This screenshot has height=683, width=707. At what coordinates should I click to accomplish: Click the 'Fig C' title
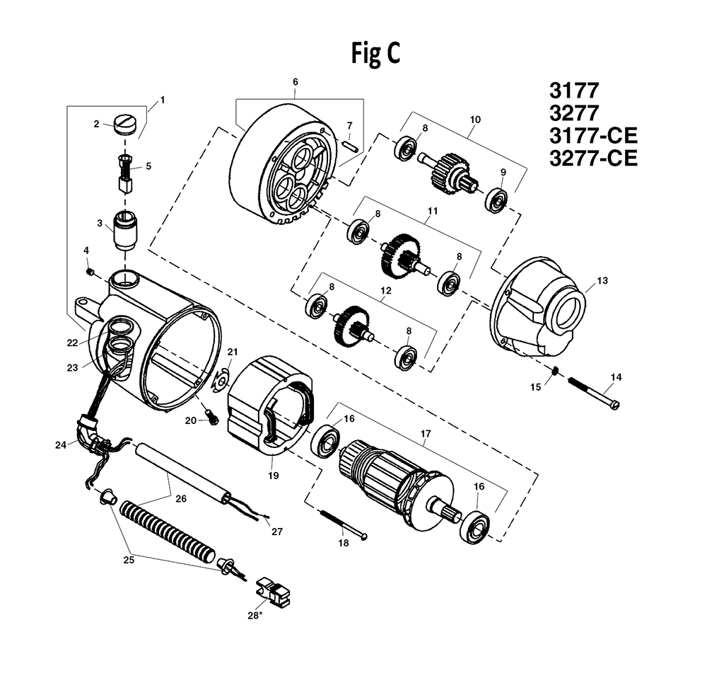(375, 54)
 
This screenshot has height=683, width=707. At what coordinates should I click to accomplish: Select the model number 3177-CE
(592, 136)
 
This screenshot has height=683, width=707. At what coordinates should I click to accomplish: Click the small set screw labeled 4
(90, 272)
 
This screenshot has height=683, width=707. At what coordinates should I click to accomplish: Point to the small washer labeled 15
(555, 371)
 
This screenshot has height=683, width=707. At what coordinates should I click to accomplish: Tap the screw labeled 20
(209, 420)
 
